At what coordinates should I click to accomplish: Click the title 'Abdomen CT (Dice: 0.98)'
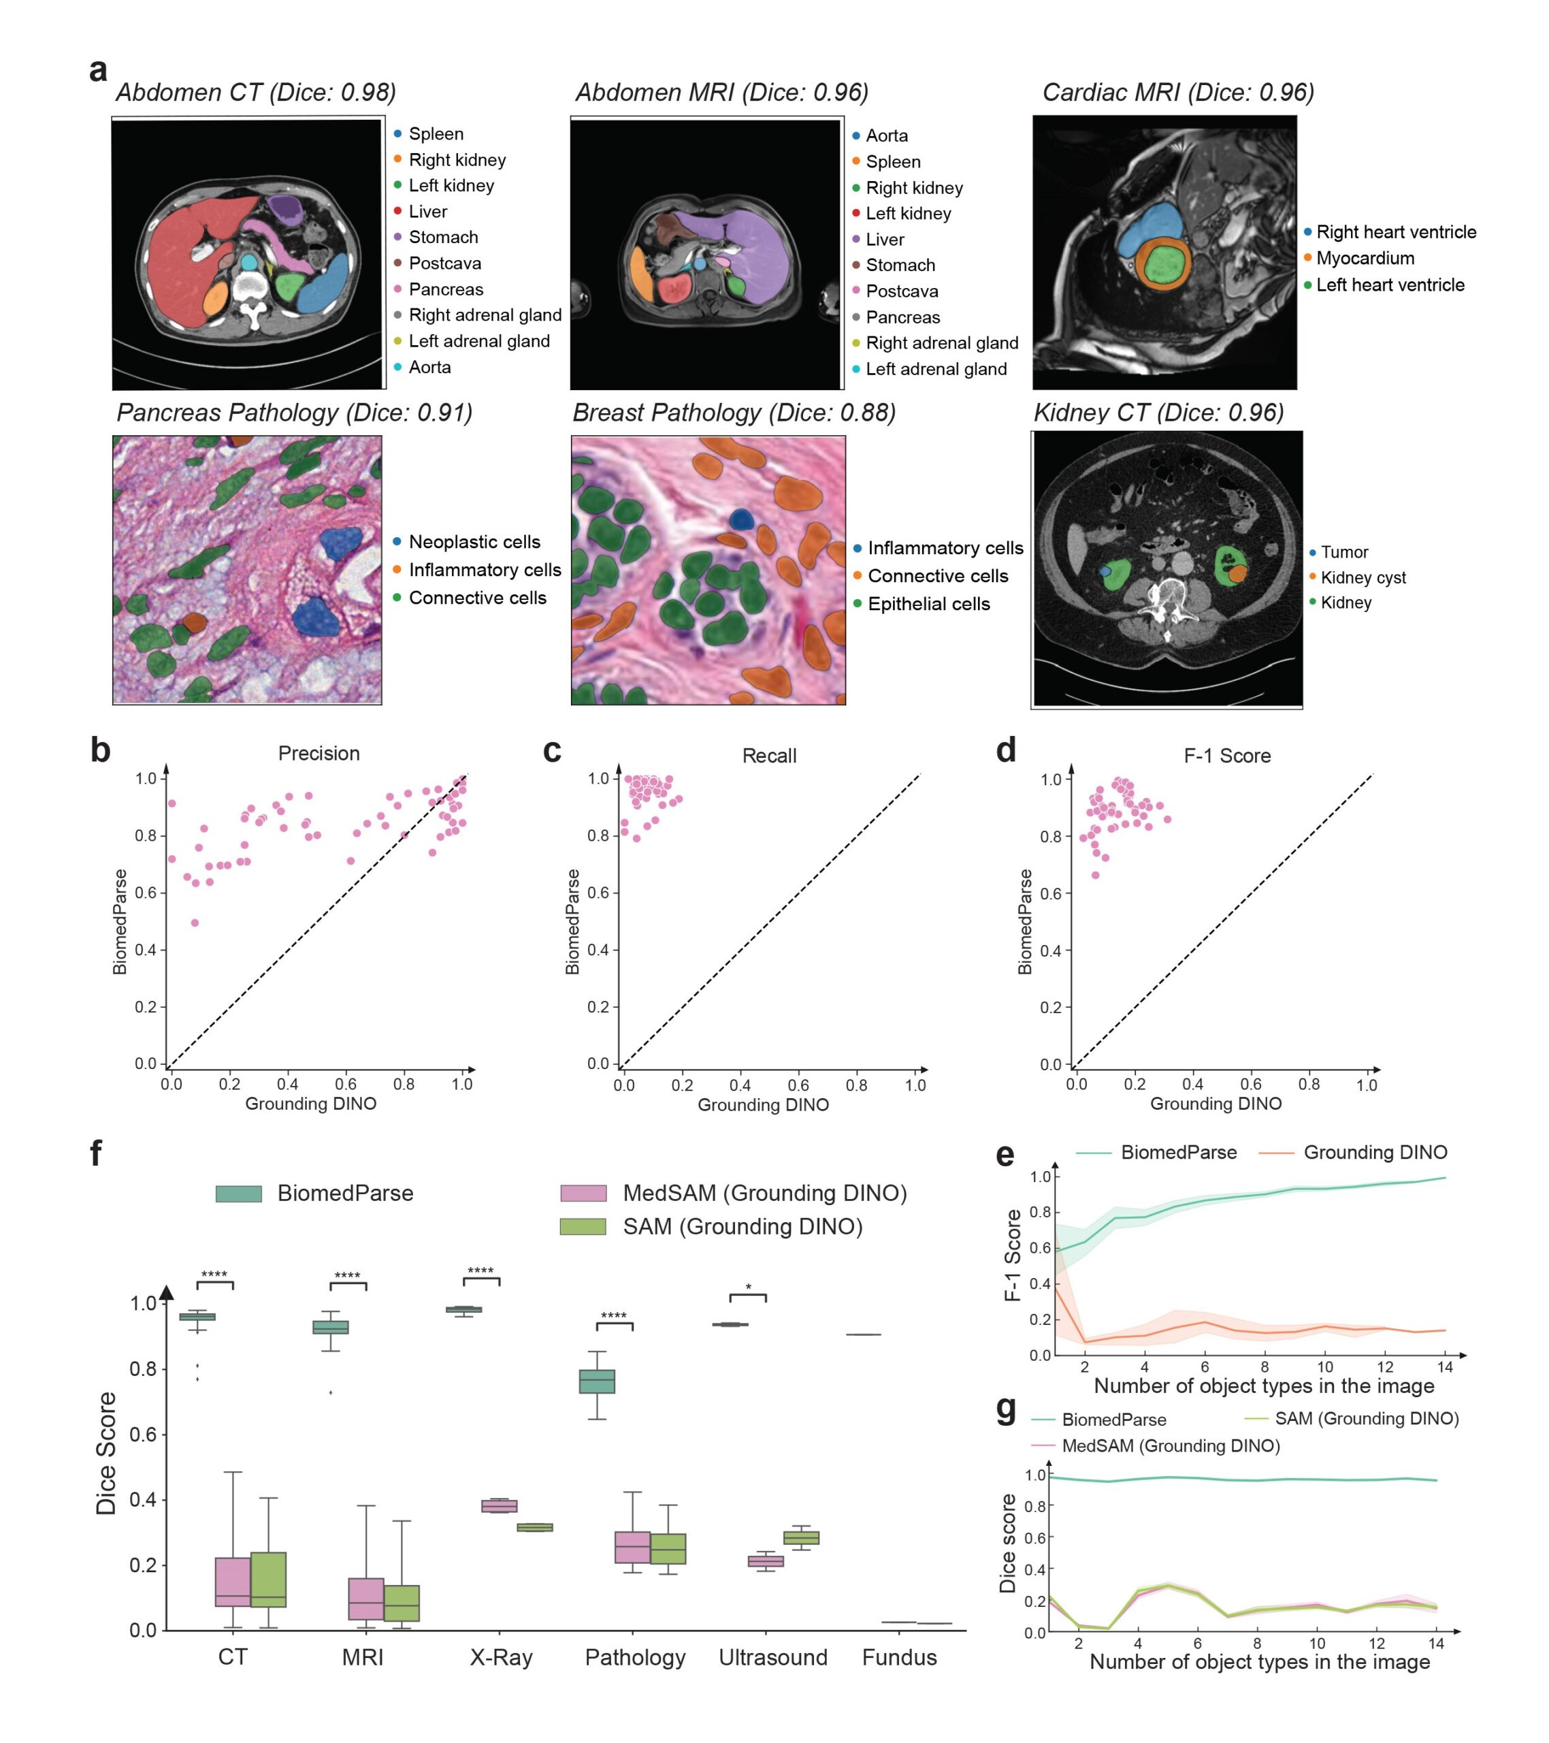tap(256, 92)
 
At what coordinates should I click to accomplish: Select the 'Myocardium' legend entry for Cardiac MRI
tap(1365, 258)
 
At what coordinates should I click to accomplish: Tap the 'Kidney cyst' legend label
tap(1363, 577)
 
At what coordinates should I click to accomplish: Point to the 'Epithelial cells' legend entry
tap(928, 604)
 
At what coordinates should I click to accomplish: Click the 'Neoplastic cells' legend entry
tap(474, 543)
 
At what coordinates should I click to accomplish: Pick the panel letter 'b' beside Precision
tap(100, 750)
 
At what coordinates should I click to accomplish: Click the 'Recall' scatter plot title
tap(769, 756)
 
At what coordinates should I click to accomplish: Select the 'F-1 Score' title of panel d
tap(1227, 756)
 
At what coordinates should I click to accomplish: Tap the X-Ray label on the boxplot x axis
tap(502, 1657)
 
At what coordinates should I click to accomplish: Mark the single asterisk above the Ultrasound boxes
tap(748, 1288)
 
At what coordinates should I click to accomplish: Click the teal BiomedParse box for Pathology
tap(597, 1381)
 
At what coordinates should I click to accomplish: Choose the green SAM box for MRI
tap(402, 1603)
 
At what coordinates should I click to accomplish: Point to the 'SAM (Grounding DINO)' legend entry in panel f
tap(742, 1226)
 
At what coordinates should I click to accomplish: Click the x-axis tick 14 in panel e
tap(1444, 1367)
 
